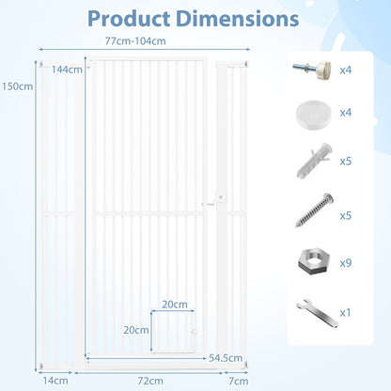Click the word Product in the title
pos(129,19)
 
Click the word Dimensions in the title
pos(238,19)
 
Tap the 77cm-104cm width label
pos(135,41)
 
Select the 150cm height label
pos(17,86)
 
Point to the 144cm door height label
pos(67,70)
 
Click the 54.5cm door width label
pos(226,358)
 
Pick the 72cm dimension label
pos(150,381)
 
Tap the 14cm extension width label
pos(55,381)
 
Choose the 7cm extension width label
pos(239,381)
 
